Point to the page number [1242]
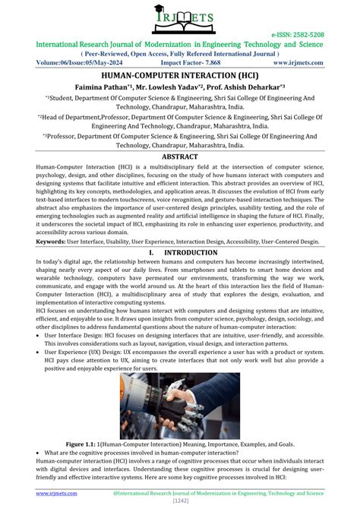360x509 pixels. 180,501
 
